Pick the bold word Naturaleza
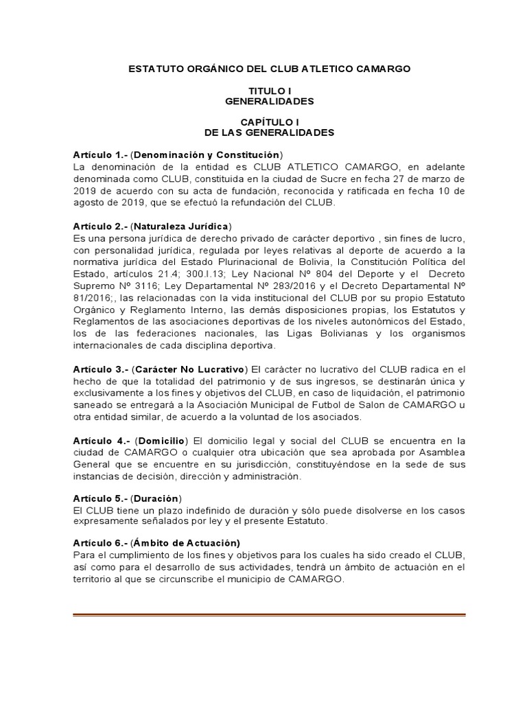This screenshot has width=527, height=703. click(x=161, y=227)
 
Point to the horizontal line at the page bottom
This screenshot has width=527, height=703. click(x=269, y=614)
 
